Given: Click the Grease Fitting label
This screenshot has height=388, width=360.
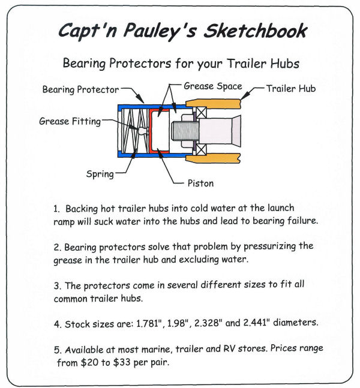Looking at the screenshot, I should (71, 121).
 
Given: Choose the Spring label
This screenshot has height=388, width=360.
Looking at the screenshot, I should (100, 175).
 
